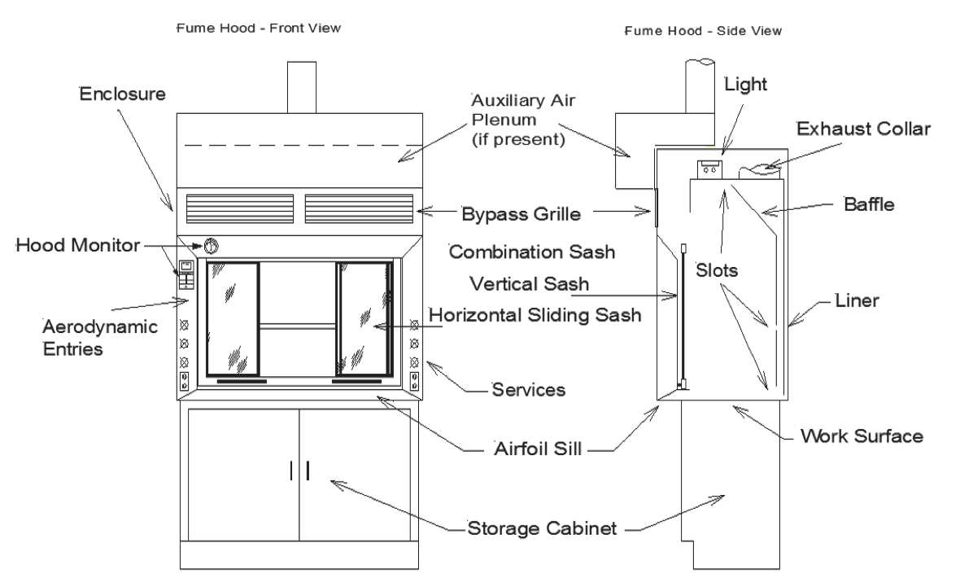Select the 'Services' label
click(x=527, y=389)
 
